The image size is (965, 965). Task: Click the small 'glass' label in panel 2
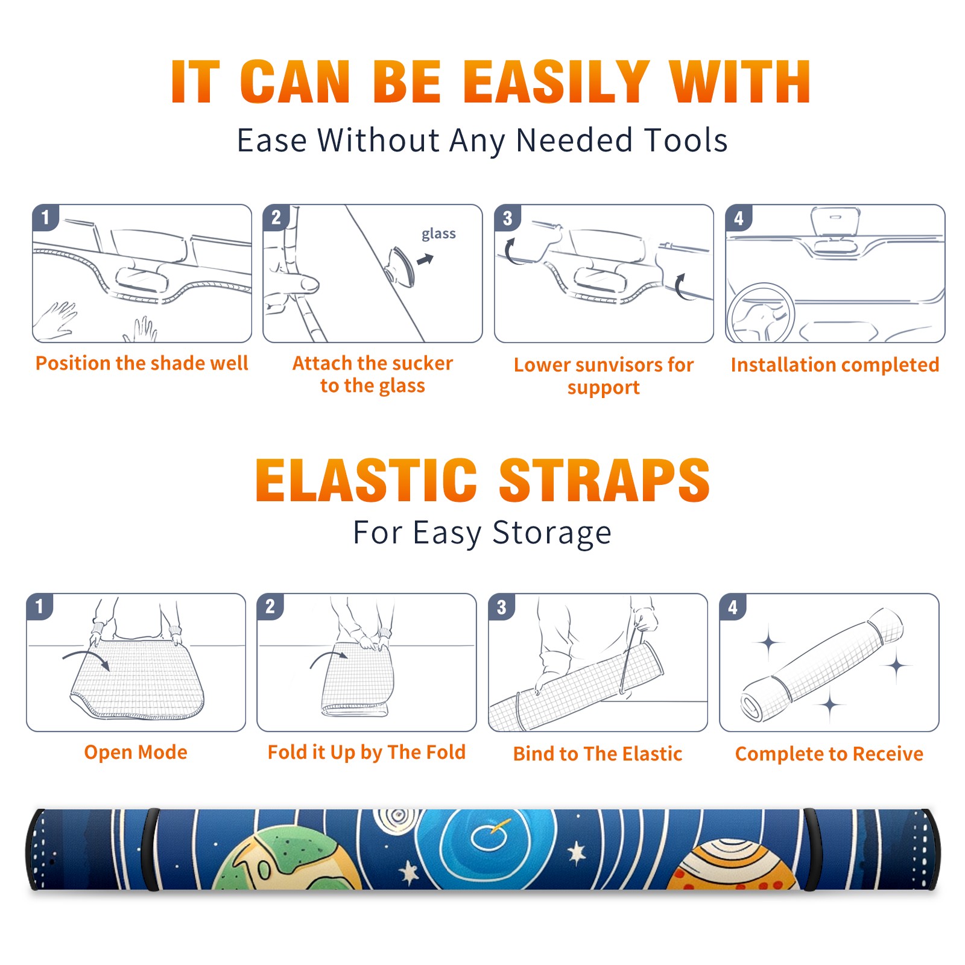[438, 234]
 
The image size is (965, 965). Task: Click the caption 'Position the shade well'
[142, 363]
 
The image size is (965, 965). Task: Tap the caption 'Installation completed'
[835, 365]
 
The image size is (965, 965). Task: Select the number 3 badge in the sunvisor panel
[507, 218]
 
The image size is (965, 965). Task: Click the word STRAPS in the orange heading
[604, 480]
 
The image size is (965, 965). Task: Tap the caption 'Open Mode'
[136, 752]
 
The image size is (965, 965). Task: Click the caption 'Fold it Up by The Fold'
[367, 752]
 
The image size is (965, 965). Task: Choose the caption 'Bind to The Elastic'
[598, 754]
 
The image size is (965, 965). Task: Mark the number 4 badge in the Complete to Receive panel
[733, 607]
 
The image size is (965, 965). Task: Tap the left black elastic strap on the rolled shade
[150, 849]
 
